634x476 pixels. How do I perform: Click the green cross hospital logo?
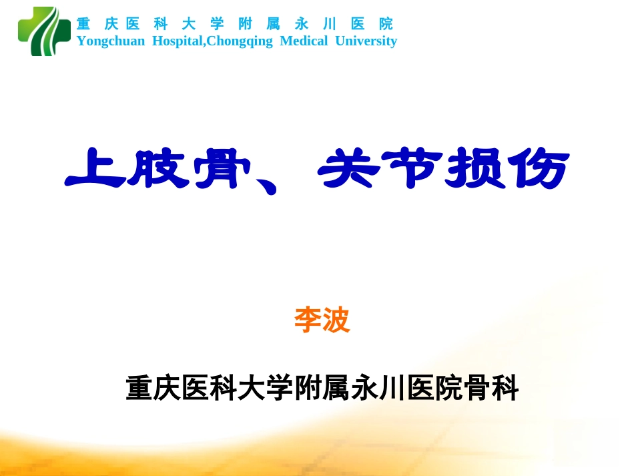[44, 31]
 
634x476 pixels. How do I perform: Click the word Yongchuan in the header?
[110, 41]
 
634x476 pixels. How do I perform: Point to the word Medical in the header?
[304, 41]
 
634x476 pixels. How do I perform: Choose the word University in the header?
[366, 41]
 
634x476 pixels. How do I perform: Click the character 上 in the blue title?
[95, 169]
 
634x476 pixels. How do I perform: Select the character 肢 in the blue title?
[158, 169]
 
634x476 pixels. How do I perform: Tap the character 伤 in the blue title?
[538, 169]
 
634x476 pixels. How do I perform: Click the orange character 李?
[308, 320]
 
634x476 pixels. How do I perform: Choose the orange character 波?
[336, 320]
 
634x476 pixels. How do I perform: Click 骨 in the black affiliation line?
[477, 389]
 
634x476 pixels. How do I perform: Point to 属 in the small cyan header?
[274, 24]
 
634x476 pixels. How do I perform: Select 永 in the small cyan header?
[302, 24]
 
